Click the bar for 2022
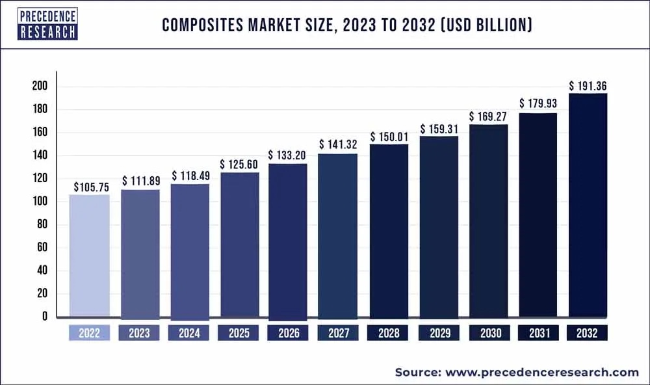89,256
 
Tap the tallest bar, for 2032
588,206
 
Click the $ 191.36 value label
588,86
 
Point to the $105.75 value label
90,187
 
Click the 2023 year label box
139,334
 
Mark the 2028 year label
389,334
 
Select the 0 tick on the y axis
44,317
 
